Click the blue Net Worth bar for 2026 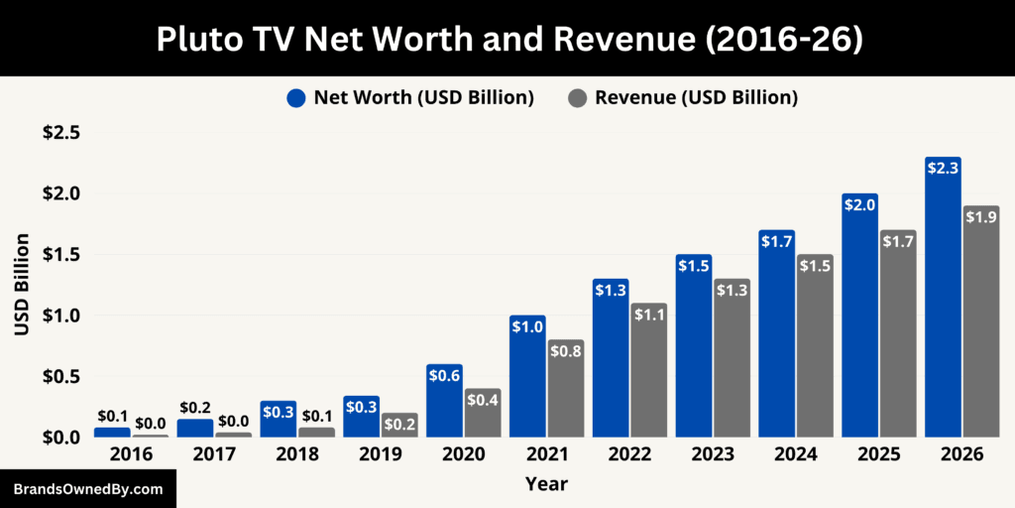pyautogui.click(x=943, y=298)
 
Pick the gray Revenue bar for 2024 pyautogui.click(x=815, y=346)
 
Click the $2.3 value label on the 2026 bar pyautogui.click(x=943, y=169)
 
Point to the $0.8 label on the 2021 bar pyautogui.click(x=566, y=351)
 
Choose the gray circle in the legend pyautogui.click(x=578, y=97)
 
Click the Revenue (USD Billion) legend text pyautogui.click(x=696, y=97)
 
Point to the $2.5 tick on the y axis pyautogui.click(x=61, y=133)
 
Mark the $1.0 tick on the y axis pyautogui.click(x=61, y=316)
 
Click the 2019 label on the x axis pyautogui.click(x=381, y=454)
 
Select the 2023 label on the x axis pyautogui.click(x=714, y=454)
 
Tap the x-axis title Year pyautogui.click(x=547, y=484)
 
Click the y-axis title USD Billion pyautogui.click(x=22, y=284)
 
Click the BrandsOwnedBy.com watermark pyautogui.click(x=88, y=489)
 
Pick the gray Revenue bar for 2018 pyautogui.click(x=316, y=432)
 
